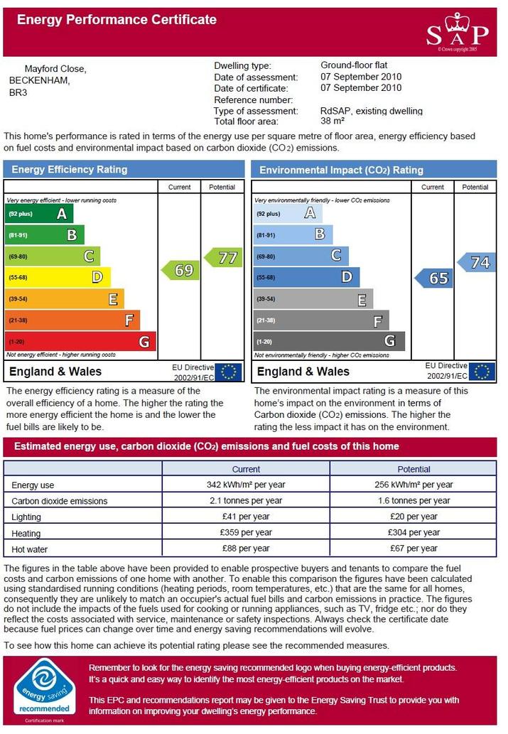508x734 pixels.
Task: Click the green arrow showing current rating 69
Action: tap(180, 270)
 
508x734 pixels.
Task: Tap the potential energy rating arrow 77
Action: tap(223, 257)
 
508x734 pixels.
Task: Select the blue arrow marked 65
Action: tap(433, 278)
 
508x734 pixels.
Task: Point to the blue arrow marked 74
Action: tap(476, 262)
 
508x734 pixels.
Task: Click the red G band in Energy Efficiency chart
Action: tap(80, 342)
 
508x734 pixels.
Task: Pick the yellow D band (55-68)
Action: tap(58, 277)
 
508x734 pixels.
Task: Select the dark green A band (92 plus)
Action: tap(39, 213)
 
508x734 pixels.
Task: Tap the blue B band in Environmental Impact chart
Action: tap(293, 234)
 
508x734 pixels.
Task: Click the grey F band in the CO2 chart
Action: tap(321, 320)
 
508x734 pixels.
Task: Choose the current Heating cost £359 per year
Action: tap(246, 532)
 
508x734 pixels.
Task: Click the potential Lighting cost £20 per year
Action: tap(414, 517)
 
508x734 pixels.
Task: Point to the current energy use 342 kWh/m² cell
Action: tap(246, 485)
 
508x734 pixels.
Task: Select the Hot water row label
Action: tap(30, 549)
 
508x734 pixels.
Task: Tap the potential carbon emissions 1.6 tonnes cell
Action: tap(414, 500)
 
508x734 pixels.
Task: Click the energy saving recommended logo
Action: tap(45, 691)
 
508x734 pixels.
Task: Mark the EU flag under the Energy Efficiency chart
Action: tap(229, 372)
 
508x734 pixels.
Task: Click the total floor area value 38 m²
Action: tap(333, 121)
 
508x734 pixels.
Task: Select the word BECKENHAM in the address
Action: tap(39, 80)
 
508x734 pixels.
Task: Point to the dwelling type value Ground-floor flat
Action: tap(354, 65)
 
